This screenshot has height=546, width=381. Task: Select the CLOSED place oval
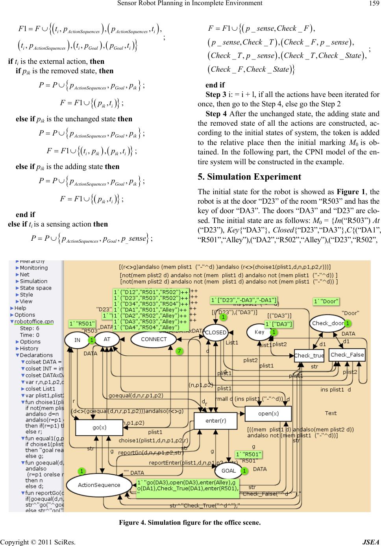(x=216, y=332)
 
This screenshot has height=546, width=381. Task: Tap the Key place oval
(x=259, y=332)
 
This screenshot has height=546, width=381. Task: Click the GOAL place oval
(x=228, y=470)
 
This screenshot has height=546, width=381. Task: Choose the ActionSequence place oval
(x=99, y=485)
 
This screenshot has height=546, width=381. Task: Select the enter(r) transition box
(x=216, y=420)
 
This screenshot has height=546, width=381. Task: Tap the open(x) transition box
(x=268, y=413)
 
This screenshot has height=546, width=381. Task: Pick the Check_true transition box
(x=309, y=355)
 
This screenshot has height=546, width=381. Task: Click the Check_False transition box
(x=347, y=355)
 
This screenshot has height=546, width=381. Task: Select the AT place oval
(x=107, y=339)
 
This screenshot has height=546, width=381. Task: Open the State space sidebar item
(x=35, y=288)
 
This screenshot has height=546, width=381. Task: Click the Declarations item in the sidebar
(x=36, y=355)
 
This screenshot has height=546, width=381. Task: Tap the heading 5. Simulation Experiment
(x=249, y=176)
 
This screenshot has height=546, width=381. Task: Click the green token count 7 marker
(x=179, y=351)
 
